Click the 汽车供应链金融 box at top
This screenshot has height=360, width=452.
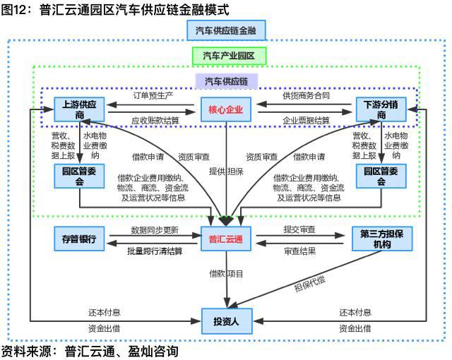click(x=225, y=30)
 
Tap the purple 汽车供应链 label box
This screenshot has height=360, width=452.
click(x=226, y=80)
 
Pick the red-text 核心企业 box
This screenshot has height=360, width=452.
click(x=225, y=109)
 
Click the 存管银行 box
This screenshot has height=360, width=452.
click(x=79, y=239)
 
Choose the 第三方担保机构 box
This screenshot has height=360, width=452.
click(x=381, y=239)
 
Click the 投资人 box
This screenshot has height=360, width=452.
click(x=225, y=320)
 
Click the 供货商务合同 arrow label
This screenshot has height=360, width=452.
click(x=306, y=95)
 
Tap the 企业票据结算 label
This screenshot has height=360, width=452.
click(x=306, y=121)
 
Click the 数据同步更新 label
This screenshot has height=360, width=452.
click(x=154, y=230)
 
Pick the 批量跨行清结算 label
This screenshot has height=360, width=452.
click(x=154, y=251)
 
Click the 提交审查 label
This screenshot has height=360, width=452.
click(x=299, y=230)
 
